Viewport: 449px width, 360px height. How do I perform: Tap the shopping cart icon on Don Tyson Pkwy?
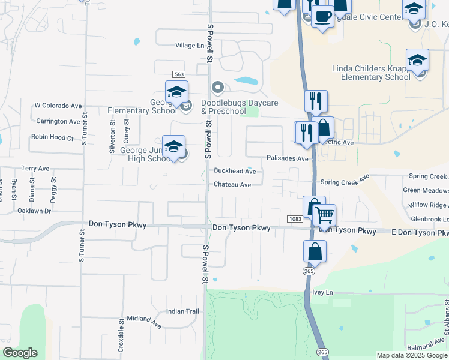(324, 215)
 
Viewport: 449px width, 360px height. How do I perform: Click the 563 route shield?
(178, 74)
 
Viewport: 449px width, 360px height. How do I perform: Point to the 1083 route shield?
(294, 219)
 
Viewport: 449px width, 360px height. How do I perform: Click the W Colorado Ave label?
(58, 106)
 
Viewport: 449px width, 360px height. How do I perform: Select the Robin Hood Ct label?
(52, 137)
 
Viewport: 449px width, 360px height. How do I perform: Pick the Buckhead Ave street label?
(235, 171)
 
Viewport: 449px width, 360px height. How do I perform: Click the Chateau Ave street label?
(232, 185)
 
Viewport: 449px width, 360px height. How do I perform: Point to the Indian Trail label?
(182, 311)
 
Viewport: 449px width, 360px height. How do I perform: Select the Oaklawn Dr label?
(34, 211)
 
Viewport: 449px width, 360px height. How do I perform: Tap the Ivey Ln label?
(322, 292)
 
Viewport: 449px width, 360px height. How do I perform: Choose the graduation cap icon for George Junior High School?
(173, 146)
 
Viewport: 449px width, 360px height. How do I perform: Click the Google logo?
(20, 353)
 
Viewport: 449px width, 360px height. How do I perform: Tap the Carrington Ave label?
(58, 121)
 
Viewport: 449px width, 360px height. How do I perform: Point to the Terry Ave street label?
(35, 169)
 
